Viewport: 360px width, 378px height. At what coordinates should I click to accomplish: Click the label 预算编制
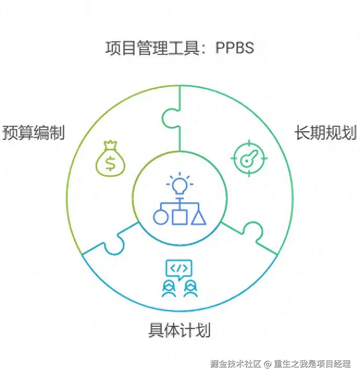click(33, 133)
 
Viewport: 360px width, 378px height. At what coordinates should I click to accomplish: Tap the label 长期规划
click(325, 133)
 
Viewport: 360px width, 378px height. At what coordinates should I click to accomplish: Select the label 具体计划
click(179, 330)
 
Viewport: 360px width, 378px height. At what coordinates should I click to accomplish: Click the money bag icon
click(110, 158)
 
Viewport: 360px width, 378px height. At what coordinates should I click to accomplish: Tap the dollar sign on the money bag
click(110, 163)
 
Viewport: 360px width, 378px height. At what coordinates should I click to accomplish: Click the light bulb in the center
click(179, 184)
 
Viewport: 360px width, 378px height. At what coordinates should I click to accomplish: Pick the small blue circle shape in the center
click(161, 216)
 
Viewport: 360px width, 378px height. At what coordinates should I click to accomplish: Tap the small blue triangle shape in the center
click(198, 216)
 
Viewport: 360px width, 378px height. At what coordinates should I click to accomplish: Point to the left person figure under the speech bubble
click(168, 289)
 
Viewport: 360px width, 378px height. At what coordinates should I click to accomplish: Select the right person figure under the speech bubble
click(189, 289)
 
